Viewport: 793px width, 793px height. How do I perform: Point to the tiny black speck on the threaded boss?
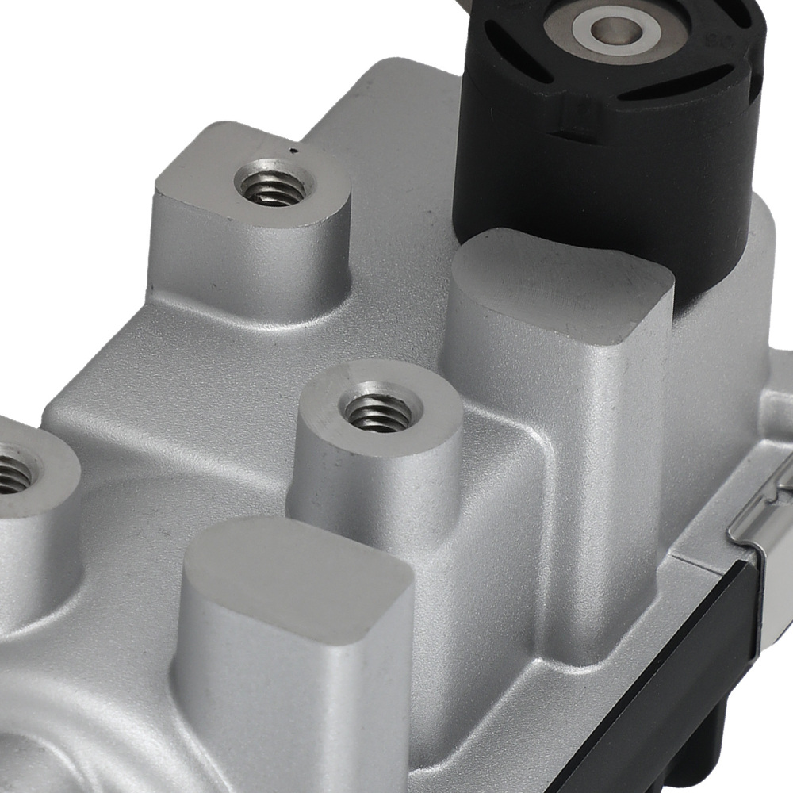click(x=294, y=150)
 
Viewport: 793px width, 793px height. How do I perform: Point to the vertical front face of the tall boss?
click(x=555, y=444)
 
